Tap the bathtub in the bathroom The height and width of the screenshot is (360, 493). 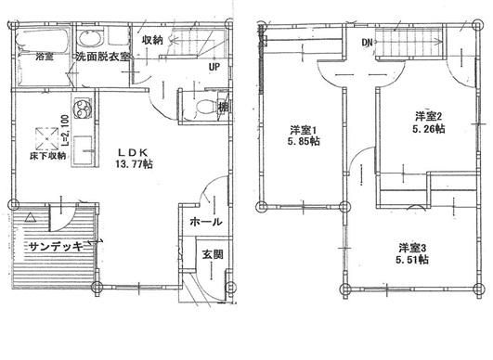pos(44,40)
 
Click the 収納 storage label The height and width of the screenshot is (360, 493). pos(153,40)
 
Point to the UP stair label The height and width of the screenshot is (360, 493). pos(214,68)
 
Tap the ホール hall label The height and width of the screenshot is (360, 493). pos(204,223)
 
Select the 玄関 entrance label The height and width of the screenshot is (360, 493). pos(211,255)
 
